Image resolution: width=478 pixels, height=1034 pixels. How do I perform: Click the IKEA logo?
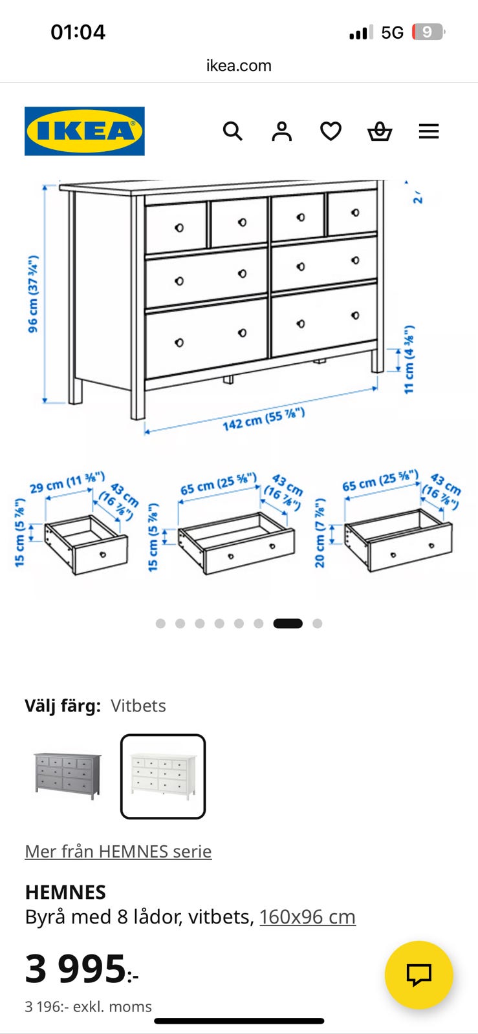[85, 131]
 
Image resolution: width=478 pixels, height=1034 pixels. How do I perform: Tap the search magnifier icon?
[232, 131]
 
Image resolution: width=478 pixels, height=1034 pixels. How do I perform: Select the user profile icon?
[282, 131]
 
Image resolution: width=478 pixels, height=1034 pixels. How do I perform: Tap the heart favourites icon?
[331, 131]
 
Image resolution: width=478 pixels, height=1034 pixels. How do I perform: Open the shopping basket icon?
[380, 131]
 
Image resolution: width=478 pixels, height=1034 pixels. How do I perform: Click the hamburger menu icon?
[429, 131]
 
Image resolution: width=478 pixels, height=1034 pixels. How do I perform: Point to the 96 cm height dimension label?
[33, 293]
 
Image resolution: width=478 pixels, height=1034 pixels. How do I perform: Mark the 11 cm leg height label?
[409, 359]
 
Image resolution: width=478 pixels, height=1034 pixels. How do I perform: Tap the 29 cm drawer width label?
[67, 482]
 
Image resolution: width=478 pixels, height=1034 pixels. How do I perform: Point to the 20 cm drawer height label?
[320, 533]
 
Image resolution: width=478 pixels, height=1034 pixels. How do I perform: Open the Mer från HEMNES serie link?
[118, 851]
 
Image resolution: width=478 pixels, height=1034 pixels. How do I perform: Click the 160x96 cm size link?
[308, 917]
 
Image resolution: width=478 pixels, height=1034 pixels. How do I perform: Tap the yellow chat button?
[419, 975]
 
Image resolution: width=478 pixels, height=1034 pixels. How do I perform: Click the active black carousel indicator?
[288, 624]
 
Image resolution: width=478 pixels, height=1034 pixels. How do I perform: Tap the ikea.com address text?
[239, 65]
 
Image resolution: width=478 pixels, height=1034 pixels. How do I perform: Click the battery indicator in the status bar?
[428, 32]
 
